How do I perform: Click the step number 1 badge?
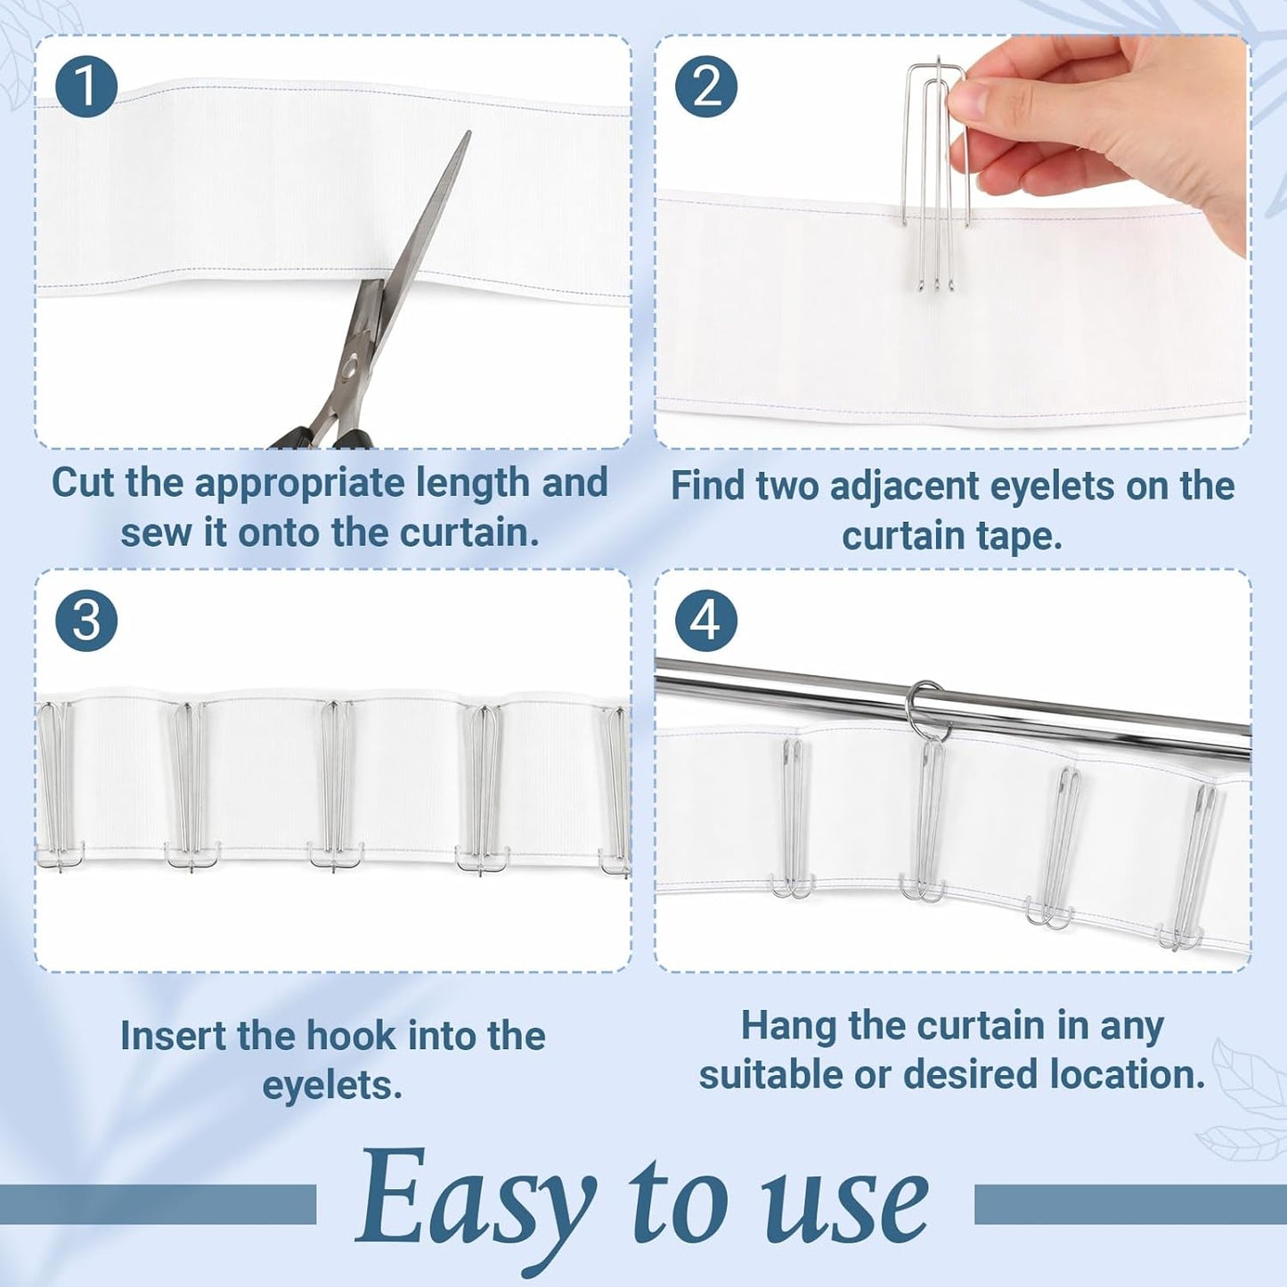click(86, 87)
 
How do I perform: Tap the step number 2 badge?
click(706, 87)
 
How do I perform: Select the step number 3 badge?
click(86, 621)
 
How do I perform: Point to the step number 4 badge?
click(706, 621)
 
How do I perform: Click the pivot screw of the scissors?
click(349, 367)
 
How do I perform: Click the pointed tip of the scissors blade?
click(468, 132)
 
